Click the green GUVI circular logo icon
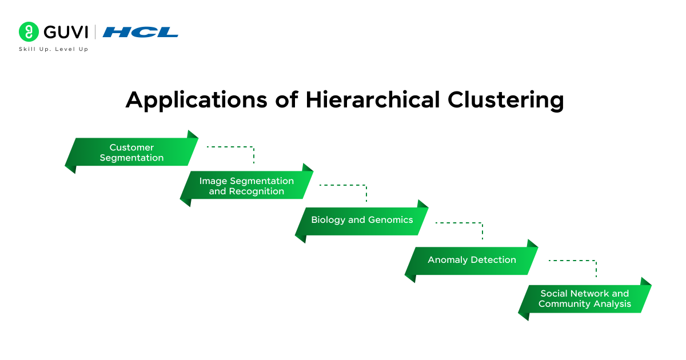[28, 32]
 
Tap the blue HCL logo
[141, 33]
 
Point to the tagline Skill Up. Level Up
[54, 49]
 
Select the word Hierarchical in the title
[372, 99]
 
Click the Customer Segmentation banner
[131, 153]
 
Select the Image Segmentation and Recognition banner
[246, 186]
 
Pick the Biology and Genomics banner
[362, 220]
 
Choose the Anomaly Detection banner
[472, 260]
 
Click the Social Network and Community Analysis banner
[584, 299]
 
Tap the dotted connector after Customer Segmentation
[232, 147]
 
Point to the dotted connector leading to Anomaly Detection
[461, 223]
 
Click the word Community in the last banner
[563, 304]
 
